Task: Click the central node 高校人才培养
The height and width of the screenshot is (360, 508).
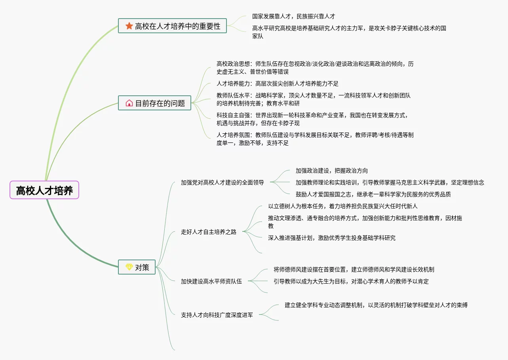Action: coord(44,190)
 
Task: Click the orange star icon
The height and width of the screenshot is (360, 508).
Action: coord(129,26)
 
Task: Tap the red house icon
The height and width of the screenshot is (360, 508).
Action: coord(129,103)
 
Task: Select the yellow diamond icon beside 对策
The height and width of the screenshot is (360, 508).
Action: coord(129,267)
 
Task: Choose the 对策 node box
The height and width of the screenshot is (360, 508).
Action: coord(137,267)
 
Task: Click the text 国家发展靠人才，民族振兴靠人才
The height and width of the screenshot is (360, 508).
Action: coord(293,17)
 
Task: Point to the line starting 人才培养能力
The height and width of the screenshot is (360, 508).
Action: coord(277,84)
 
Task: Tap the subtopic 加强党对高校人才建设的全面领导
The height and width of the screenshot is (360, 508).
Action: coord(222,183)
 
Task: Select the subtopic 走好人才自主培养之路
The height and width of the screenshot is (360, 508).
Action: coord(208,232)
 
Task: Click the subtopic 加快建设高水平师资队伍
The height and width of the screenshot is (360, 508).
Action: coord(211,281)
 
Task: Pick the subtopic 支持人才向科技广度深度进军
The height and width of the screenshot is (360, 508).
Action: coord(217,315)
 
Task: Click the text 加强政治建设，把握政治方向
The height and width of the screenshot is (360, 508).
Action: coord(331,171)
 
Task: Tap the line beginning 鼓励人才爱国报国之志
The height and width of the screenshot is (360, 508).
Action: coord(373,194)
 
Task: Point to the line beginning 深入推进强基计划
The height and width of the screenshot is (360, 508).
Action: coord(331,238)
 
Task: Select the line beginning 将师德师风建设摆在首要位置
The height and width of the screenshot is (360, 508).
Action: coord(354,269)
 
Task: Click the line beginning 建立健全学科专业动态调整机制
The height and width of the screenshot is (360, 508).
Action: coord(376,305)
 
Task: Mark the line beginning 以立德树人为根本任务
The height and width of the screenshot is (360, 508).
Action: coord(342,206)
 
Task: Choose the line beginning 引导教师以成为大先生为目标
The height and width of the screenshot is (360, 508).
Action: coord(351,281)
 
